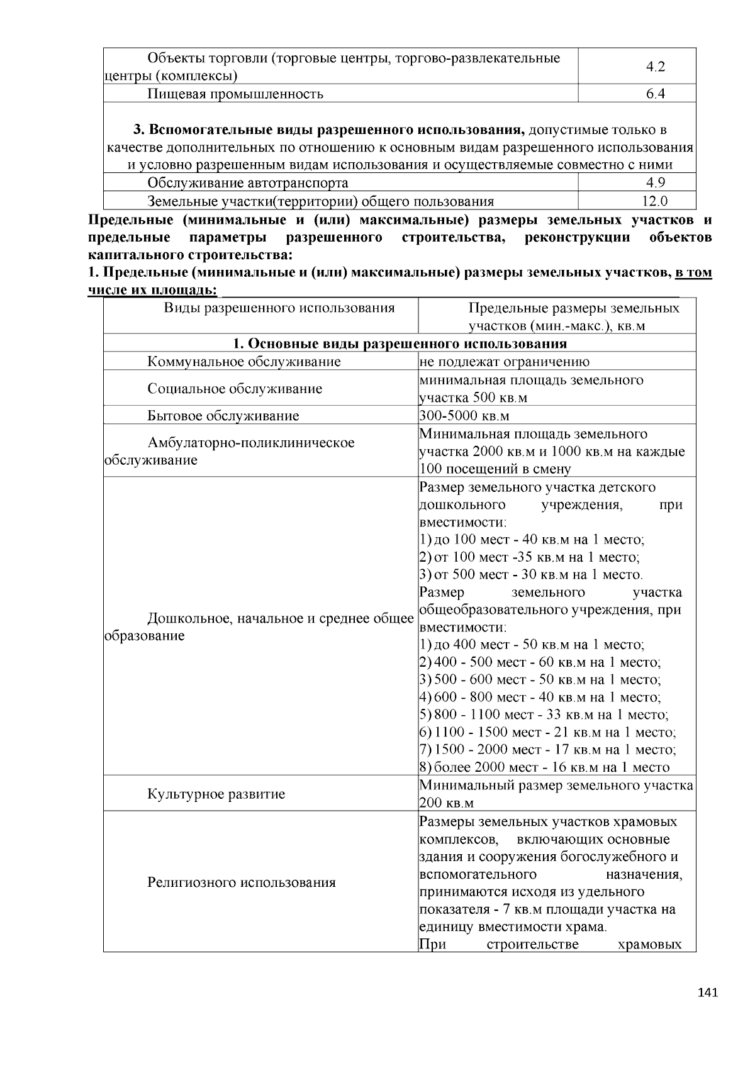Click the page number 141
click(708, 993)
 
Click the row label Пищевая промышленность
click(235, 94)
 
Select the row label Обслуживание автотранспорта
click(248, 183)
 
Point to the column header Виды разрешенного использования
click(279, 308)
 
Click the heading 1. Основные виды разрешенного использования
click(400, 343)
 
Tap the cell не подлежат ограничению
click(505, 362)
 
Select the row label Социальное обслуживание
click(235, 389)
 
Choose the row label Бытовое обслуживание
click(223, 416)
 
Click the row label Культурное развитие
click(216, 794)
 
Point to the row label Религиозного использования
click(242, 882)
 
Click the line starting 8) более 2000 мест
click(544, 767)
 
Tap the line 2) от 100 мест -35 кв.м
click(529, 557)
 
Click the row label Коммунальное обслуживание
click(244, 362)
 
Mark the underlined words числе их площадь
click(152, 291)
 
